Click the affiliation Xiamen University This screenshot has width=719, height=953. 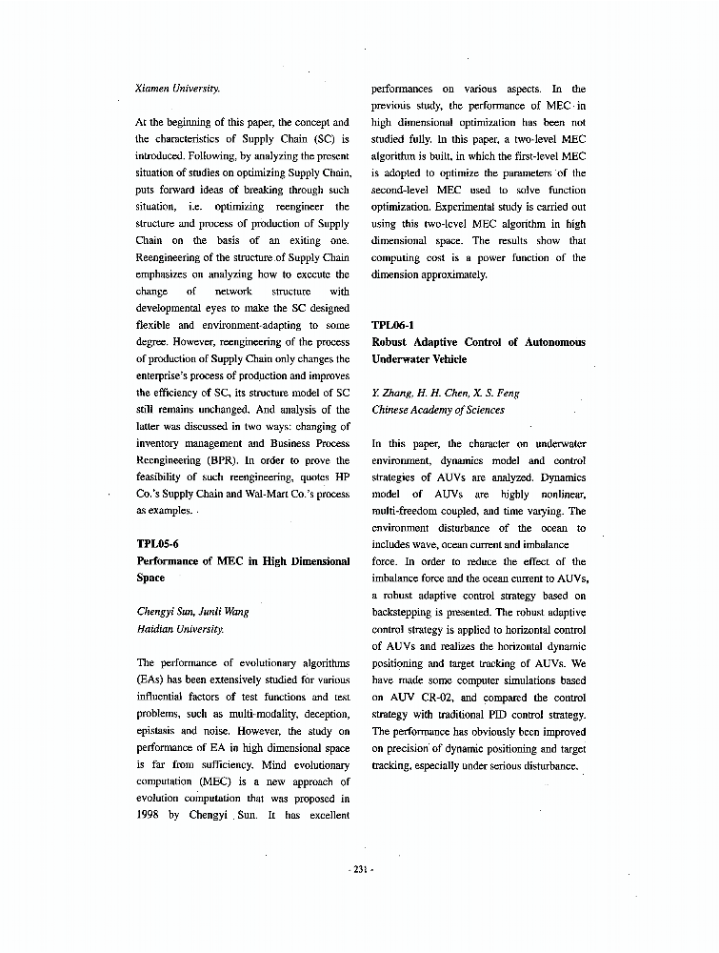[x=179, y=89]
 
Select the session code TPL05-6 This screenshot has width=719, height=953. [x=159, y=544]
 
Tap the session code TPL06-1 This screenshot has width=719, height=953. [x=392, y=325]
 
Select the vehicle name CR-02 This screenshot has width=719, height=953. [x=437, y=698]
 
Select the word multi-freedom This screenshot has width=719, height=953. [x=403, y=511]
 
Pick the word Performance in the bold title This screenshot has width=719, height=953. [x=176, y=561]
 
